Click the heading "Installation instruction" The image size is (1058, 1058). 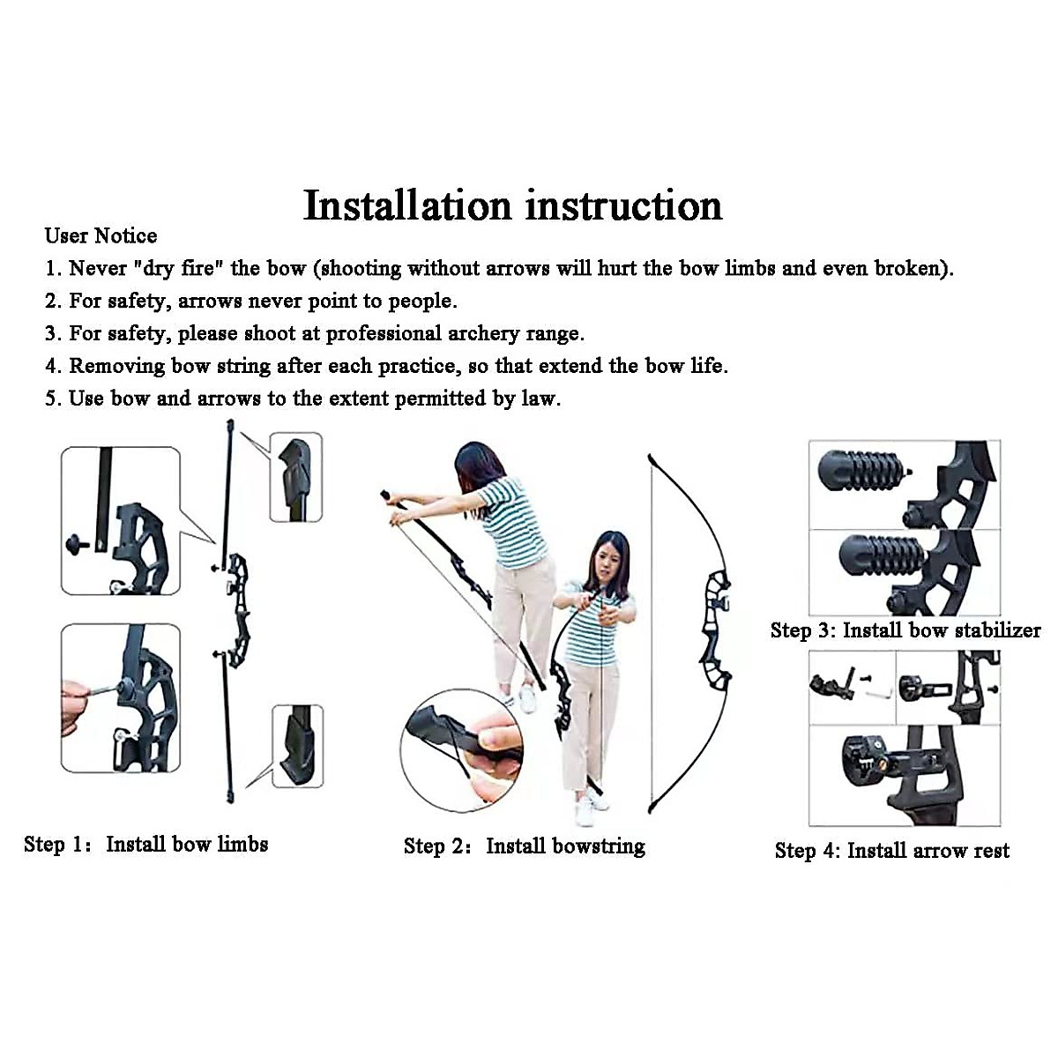pos(512,205)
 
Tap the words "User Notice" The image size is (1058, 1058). pos(101,236)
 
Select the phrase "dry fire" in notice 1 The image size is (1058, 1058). pos(178,269)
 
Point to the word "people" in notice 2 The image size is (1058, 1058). pos(421,302)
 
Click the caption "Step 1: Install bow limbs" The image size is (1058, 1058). pos(146,845)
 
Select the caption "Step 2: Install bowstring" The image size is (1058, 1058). pos(525,846)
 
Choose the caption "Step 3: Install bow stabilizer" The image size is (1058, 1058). pos(905,630)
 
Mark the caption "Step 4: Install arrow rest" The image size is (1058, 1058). pos(892,851)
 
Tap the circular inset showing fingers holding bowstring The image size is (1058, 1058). pos(461,750)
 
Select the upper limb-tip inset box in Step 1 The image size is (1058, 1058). pos(296,477)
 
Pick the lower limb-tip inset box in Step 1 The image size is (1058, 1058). pos(298,747)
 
